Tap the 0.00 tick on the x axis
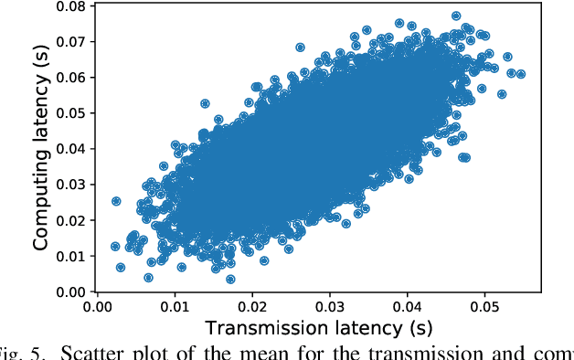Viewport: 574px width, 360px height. click(98, 308)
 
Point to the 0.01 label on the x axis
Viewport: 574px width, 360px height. click(175, 308)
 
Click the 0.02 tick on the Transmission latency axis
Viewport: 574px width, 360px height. click(252, 308)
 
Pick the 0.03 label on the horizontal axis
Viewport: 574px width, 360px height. click(330, 308)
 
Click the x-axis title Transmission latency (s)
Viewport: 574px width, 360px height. click(319, 327)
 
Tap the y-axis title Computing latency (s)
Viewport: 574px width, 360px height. click(40, 148)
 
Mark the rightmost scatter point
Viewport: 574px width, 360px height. click(520, 74)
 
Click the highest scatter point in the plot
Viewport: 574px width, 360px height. click(456, 16)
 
